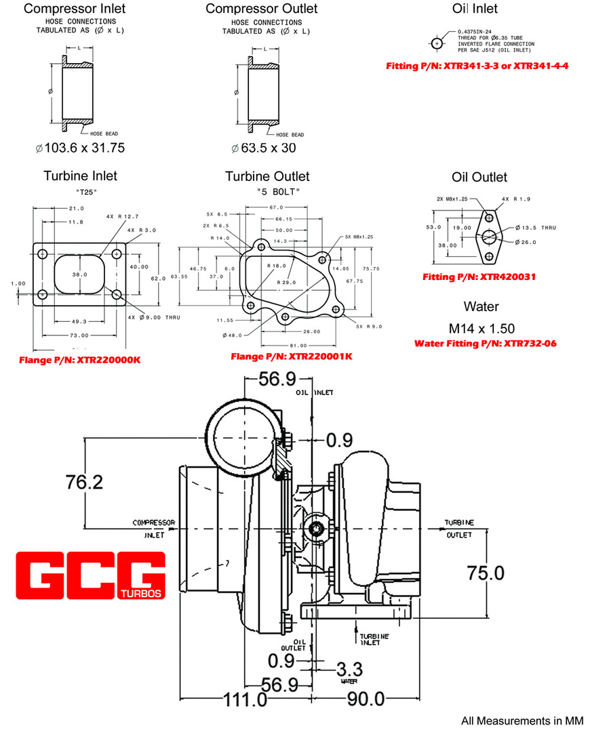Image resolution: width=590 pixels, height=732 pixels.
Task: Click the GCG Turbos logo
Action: (x=90, y=577)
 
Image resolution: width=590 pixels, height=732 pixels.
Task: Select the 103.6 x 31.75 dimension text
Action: (x=80, y=148)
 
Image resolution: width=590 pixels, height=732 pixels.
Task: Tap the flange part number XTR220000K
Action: (x=80, y=359)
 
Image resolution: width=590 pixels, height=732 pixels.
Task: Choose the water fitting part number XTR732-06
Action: (x=485, y=344)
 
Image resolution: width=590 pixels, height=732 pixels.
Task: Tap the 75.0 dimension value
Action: (x=486, y=573)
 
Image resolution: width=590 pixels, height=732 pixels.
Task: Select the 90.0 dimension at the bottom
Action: (x=366, y=699)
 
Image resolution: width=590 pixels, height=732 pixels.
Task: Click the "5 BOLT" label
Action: (x=278, y=192)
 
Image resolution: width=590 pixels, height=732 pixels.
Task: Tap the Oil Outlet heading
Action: (x=479, y=177)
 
